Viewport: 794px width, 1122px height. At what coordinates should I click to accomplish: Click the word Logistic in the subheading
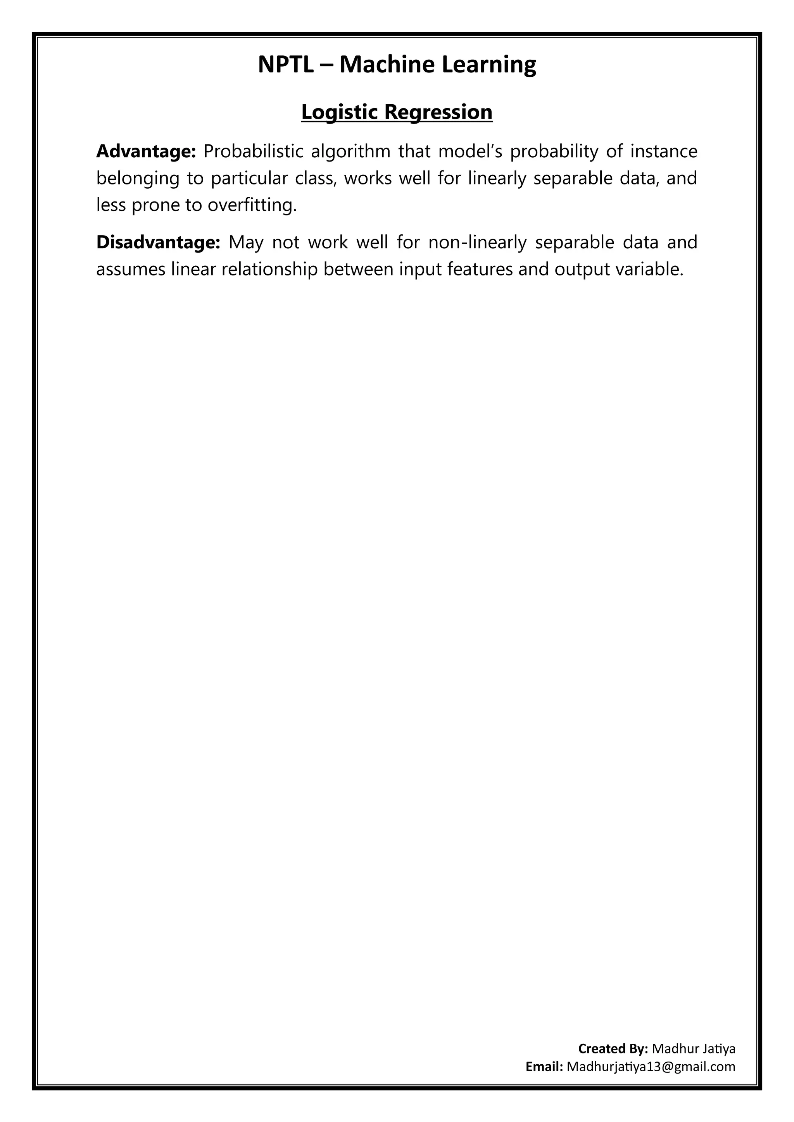click(x=339, y=112)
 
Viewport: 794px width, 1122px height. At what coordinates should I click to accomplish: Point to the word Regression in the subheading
click(x=438, y=112)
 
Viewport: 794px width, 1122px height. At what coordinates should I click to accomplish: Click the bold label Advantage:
click(x=146, y=152)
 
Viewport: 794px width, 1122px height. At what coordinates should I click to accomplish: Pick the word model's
click(x=467, y=152)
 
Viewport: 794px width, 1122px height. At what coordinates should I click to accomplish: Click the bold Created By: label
click(x=613, y=1049)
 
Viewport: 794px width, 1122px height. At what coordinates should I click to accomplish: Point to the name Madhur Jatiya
click(x=694, y=1049)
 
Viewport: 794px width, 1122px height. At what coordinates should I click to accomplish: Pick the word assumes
click(x=131, y=269)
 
